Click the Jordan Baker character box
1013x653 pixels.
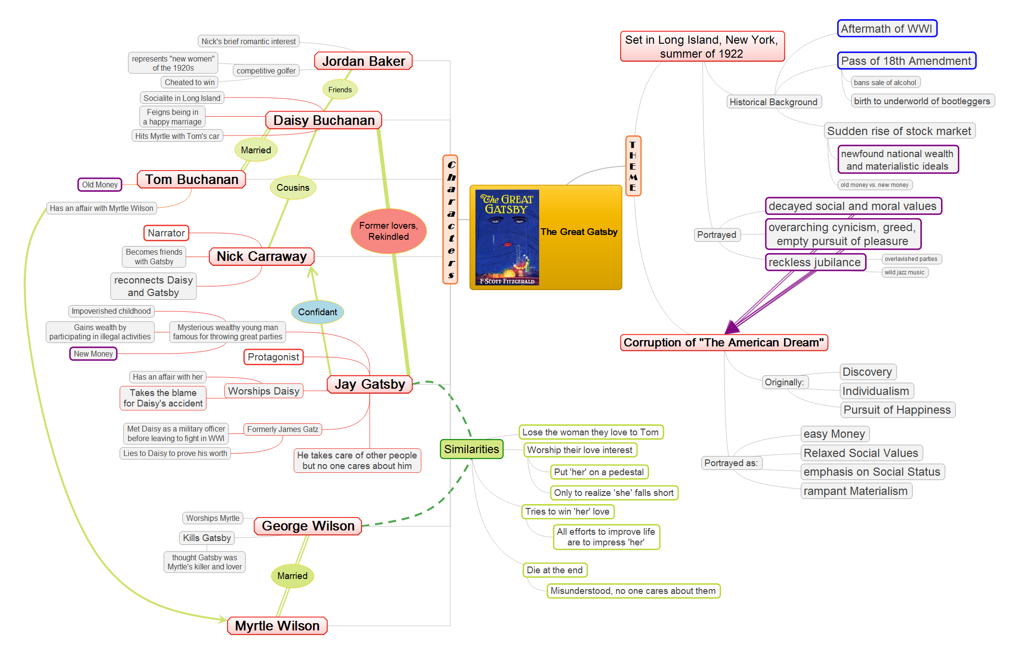click(363, 61)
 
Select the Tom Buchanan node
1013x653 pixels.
click(192, 179)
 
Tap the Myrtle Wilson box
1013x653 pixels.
click(277, 626)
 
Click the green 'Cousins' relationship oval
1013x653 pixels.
click(293, 187)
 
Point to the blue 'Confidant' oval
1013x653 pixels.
click(317, 312)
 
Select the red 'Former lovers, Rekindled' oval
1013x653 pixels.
click(388, 231)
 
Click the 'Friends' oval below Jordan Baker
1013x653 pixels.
click(340, 89)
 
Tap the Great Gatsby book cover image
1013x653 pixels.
click(507, 237)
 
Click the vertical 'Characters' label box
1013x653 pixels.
click(450, 220)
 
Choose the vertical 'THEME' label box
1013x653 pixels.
click(633, 166)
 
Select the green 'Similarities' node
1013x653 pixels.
click(471, 449)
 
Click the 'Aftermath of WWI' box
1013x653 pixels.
click(887, 28)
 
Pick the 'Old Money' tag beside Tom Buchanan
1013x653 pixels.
click(100, 185)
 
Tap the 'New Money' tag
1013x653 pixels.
click(93, 354)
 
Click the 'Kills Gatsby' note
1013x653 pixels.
click(207, 538)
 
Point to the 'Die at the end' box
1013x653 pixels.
click(555, 570)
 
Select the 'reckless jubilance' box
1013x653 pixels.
click(815, 262)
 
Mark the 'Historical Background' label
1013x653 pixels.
click(773, 102)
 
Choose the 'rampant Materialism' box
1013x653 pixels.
click(856, 491)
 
